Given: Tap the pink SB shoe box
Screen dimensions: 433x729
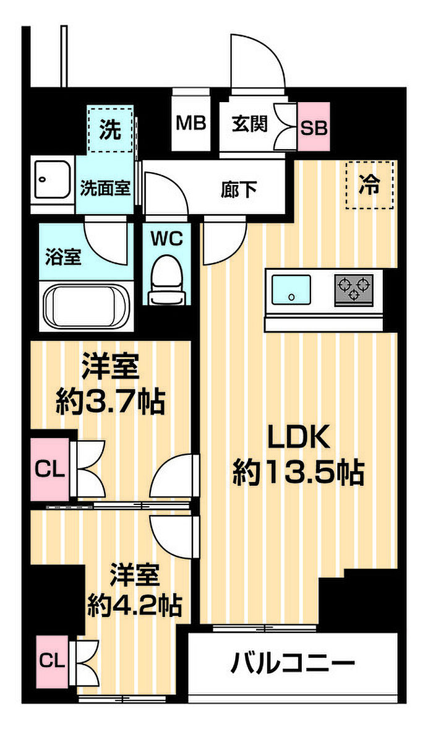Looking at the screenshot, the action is (x=314, y=126).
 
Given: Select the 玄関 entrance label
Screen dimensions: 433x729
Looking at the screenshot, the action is (x=250, y=124).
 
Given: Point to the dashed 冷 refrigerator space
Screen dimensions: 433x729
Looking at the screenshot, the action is (x=370, y=185).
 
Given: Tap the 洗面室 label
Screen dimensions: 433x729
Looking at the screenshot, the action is (x=105, y=188).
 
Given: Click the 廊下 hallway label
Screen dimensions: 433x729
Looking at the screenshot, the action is (x=239, y=189).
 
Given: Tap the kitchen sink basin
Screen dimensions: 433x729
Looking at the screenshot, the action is (x=291, y=291).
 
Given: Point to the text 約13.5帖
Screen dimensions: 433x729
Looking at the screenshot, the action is (x=298, y=472).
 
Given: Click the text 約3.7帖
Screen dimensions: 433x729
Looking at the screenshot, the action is (x=111, y=402).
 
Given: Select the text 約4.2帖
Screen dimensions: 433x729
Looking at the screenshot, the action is (x=134, y=605).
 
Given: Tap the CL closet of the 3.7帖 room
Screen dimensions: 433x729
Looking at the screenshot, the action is (x=50, y=470).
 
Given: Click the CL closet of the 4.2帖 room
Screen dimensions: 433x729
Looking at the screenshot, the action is (x=52, y=661).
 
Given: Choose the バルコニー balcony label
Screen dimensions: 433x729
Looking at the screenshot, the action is (x=293, y=663).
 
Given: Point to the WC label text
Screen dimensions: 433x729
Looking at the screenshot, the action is (x=167, y=239).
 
